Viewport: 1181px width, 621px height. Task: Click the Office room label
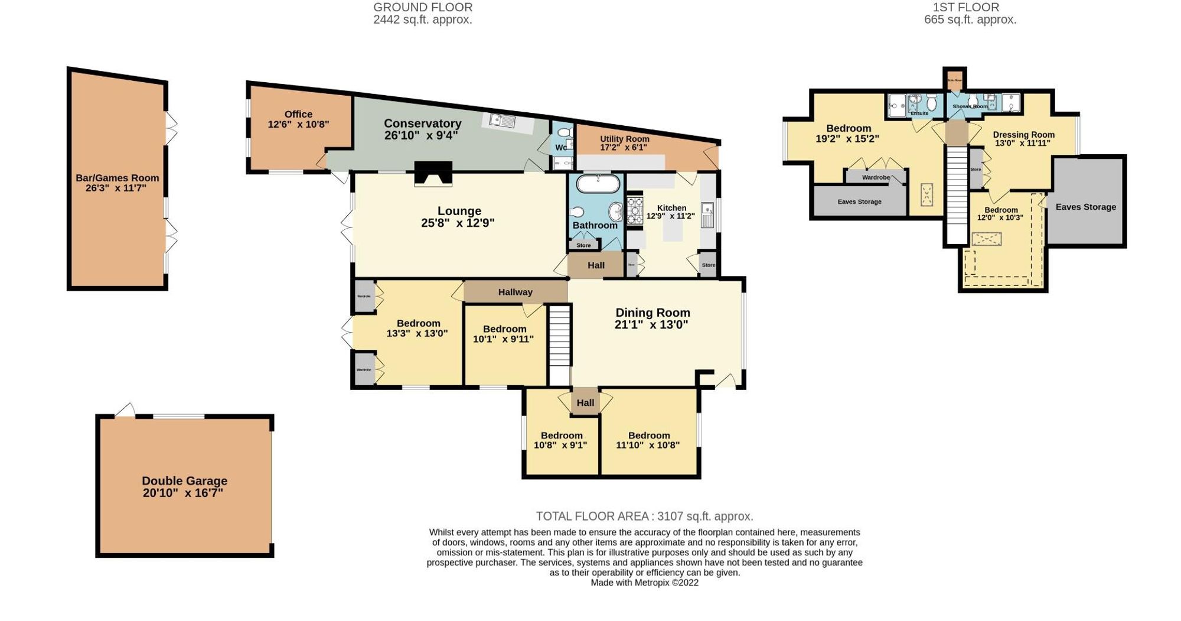pos(298,115)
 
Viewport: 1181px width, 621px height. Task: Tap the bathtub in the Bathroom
pos(598,184)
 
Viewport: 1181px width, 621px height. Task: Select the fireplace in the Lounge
pos(433,174)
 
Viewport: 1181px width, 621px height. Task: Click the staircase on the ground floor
pos(559,344)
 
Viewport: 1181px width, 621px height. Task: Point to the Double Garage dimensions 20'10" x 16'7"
pos(183,493)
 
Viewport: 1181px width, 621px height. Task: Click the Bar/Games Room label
pos(117,178)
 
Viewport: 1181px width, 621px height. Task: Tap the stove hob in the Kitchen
pos(635,211)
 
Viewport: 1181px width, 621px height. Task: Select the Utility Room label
pos(624,139)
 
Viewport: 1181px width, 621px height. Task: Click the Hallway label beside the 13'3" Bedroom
pos(515,292)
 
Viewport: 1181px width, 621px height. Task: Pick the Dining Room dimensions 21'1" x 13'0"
pos(651,324)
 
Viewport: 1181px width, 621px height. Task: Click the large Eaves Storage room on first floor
pos(1085,207)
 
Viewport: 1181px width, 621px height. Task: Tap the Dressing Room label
pos(1023,135)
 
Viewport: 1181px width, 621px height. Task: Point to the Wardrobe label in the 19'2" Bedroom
pos(875,177)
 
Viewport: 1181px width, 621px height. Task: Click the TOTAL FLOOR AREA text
pos(644,516)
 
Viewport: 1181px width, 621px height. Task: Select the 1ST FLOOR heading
pos(966,8)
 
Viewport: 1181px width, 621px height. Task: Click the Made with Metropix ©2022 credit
pos(644,583)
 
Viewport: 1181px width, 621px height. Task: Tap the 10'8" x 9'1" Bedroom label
pos(561,435)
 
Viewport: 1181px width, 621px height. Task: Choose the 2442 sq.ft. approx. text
pos(422,20)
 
